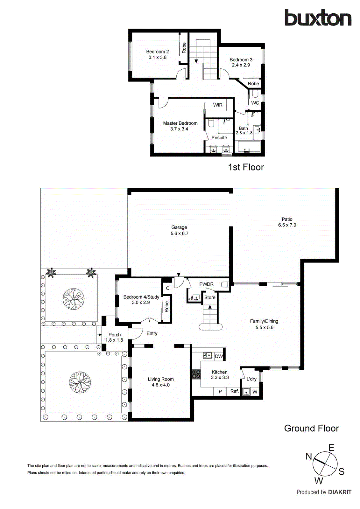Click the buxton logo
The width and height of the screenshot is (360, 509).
click(318, 18)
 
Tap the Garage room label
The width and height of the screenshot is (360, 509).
click(179, 227)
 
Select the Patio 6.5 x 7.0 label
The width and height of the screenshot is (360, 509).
click(287, 222)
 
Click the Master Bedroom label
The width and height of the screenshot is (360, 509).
click(180, 123)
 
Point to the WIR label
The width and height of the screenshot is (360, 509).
click(218, 105)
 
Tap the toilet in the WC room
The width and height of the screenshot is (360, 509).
click(255, 94)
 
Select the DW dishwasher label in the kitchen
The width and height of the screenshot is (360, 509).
click(219, 356)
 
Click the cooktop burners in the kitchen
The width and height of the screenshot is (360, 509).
click(196, 374)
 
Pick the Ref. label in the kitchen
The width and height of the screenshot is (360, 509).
click(235, 391)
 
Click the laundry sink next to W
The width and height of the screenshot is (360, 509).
click(246, 392)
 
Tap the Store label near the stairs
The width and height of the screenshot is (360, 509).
click(210, 297)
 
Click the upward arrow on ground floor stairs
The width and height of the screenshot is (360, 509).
click(210, 307)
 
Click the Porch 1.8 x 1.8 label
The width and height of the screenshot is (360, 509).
click(114, 337)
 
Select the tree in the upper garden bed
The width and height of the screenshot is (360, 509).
click(74, 299)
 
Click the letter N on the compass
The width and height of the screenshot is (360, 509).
click(309, 457)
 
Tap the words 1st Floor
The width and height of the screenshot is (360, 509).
click(246, 167)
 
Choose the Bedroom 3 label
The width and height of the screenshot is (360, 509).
click(241, 60)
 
